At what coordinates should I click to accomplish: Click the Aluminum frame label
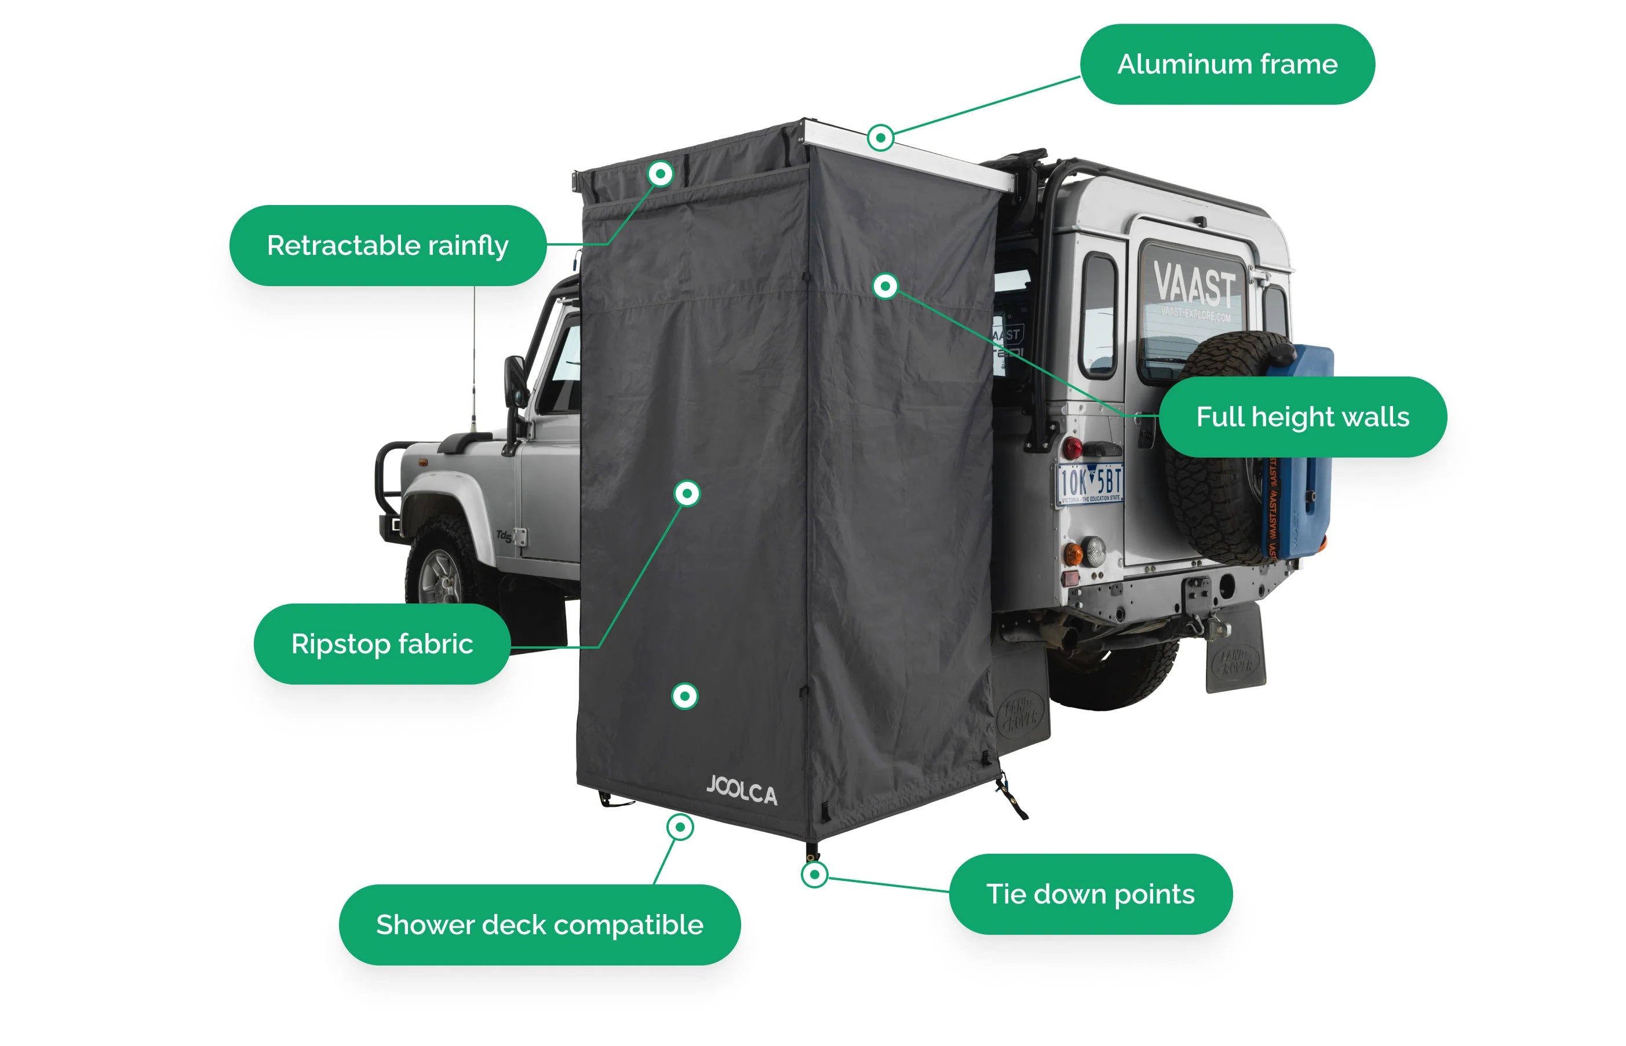(1227, 64)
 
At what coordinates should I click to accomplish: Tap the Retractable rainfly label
(387, 245)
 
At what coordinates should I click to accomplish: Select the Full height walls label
(1302, 416)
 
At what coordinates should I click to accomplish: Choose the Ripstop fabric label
(382, 643)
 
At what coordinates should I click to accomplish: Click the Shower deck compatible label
(539, 924)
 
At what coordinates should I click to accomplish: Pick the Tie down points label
(1090, 894)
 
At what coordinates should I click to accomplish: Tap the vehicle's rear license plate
(1089, 484)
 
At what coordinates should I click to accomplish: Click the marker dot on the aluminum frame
(880, 138)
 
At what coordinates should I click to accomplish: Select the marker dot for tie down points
(814, 874)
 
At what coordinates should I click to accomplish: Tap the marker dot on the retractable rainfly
(660, 174)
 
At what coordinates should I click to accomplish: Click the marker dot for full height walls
(885, 286)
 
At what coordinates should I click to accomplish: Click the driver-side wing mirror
(515, 381)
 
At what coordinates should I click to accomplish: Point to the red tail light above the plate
(1073, 448)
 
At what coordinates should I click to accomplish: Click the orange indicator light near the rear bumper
(1072, 553)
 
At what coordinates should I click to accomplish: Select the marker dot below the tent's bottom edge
(680, 827)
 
